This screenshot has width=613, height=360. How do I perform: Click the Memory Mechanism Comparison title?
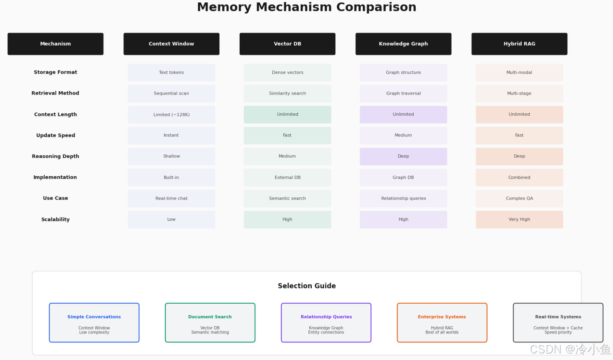point(306,7)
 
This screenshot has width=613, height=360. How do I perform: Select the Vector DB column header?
point(287,44)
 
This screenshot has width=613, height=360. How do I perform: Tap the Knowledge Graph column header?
point(404,44)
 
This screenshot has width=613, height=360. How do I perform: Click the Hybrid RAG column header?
point(519,44)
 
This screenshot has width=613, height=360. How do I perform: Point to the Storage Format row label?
point(55,72)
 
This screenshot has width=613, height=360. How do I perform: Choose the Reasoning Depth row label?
point(55,156)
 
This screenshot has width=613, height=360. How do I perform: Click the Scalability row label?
point(55,219)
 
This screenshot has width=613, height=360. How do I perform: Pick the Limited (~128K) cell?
point(171,115)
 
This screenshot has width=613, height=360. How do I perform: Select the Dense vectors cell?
point(287,73)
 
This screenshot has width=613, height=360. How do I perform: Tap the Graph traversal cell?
point(404,93)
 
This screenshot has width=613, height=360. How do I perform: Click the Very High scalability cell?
point(519,219)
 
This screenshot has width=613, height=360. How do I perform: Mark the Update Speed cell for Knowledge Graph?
point(404,135)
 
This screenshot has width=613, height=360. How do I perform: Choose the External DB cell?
point(287,177)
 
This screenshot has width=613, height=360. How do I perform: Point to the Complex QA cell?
point(519,199)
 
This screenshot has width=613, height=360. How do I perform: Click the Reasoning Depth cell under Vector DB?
point(287,156)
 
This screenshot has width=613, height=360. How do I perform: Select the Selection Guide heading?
point(307,286)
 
